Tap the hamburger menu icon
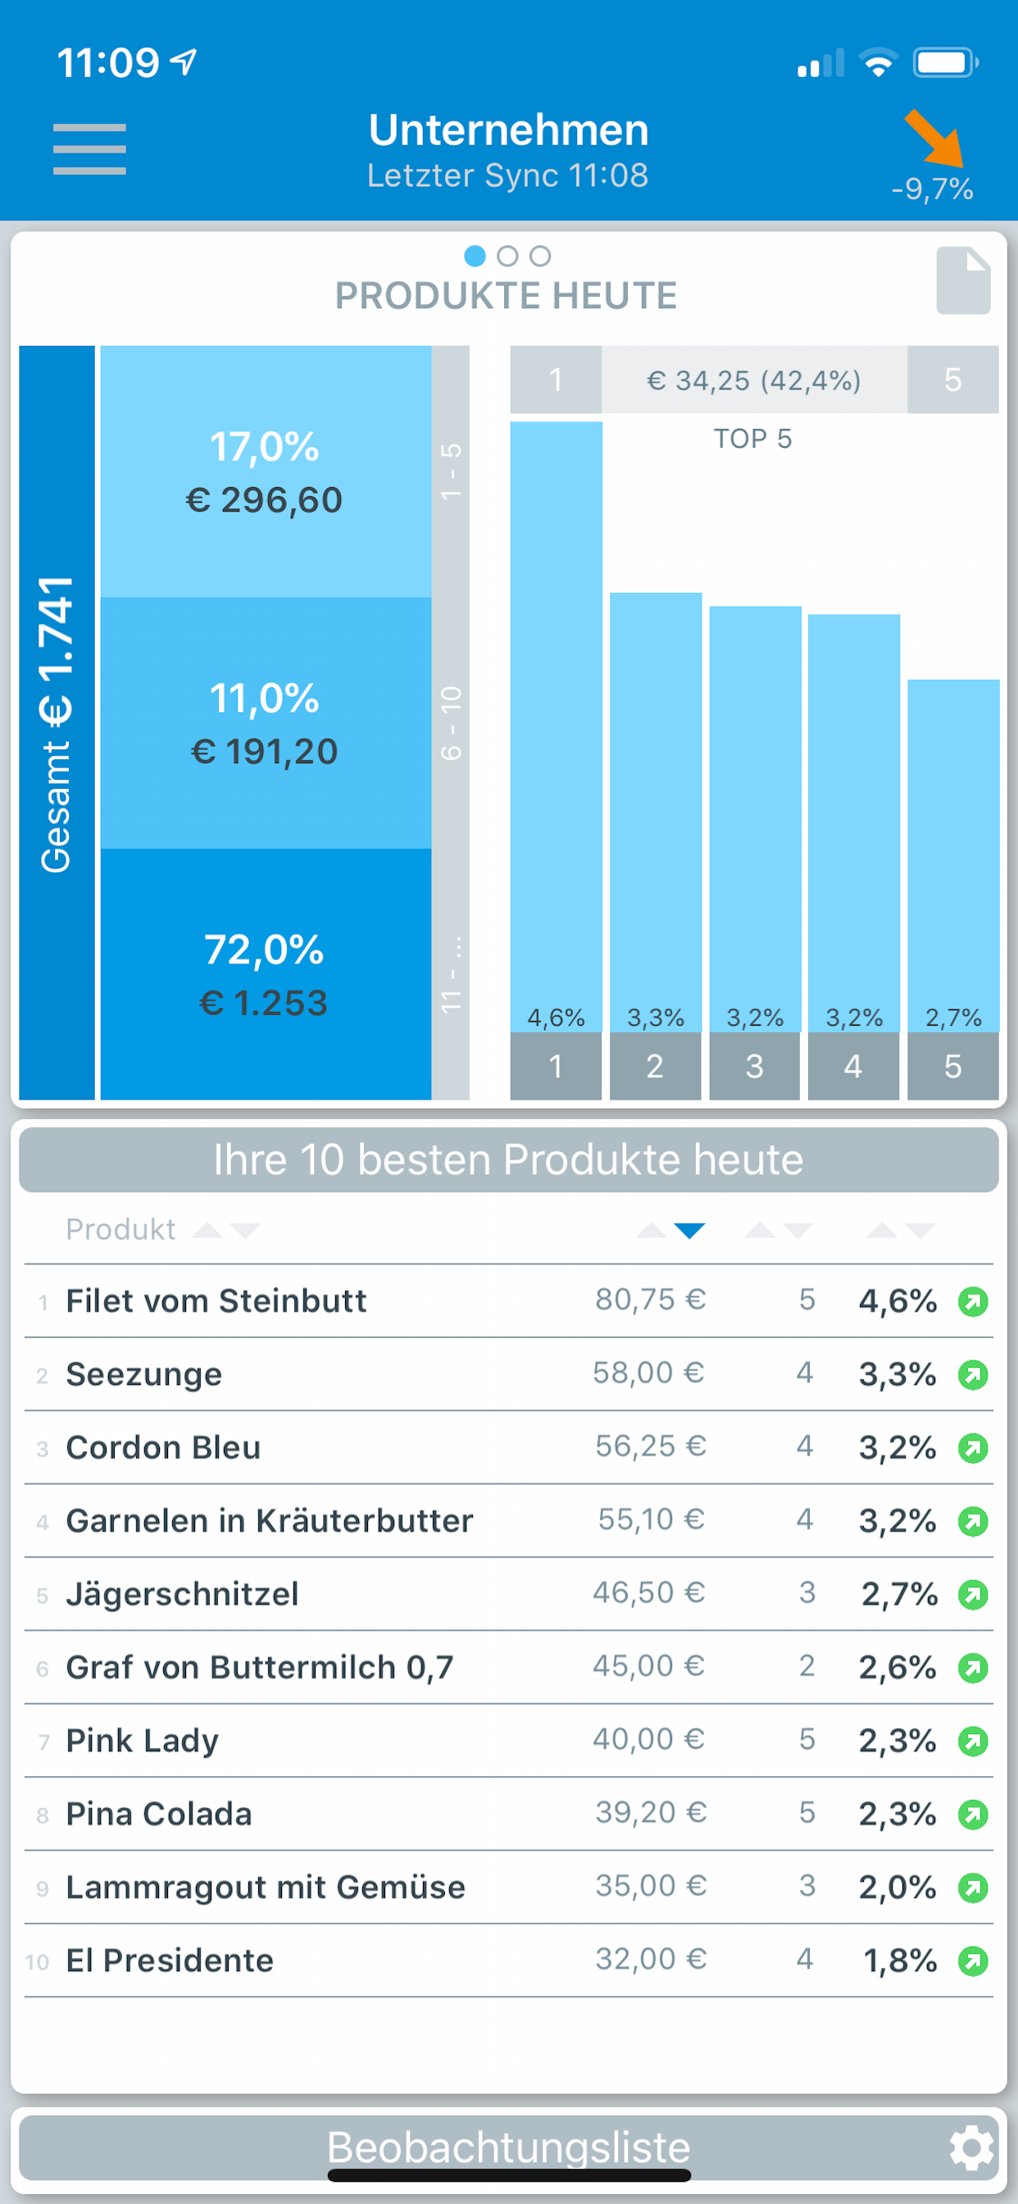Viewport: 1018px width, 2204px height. point(89,149)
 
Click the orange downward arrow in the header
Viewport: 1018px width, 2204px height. point(934,139)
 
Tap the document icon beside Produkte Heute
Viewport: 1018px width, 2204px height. point(962,280)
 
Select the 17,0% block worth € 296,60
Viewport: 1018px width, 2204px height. point(266,471)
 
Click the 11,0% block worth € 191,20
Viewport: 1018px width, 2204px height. point(266,723)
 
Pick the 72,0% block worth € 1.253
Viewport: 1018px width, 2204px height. point(266,975)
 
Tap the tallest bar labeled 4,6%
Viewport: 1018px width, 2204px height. point(556,727)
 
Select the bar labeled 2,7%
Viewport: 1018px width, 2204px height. point(953,855)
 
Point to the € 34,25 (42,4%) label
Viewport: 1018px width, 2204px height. point(753,380)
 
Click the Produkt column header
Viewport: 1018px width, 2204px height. point(120,1229)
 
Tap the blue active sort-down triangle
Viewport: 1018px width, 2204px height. point(689,1232)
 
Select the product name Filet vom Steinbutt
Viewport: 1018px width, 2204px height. point(216,1301)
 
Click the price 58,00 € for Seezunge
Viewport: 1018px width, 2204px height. point(648,1373)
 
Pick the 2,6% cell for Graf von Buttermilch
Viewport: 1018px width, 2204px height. point(898,1667)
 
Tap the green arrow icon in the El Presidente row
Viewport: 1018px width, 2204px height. point(973,1960)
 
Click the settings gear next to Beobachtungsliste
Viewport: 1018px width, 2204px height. point(972,2147)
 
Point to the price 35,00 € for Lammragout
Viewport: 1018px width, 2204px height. point(651,1886)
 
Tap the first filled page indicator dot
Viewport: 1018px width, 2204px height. point(475,256)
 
